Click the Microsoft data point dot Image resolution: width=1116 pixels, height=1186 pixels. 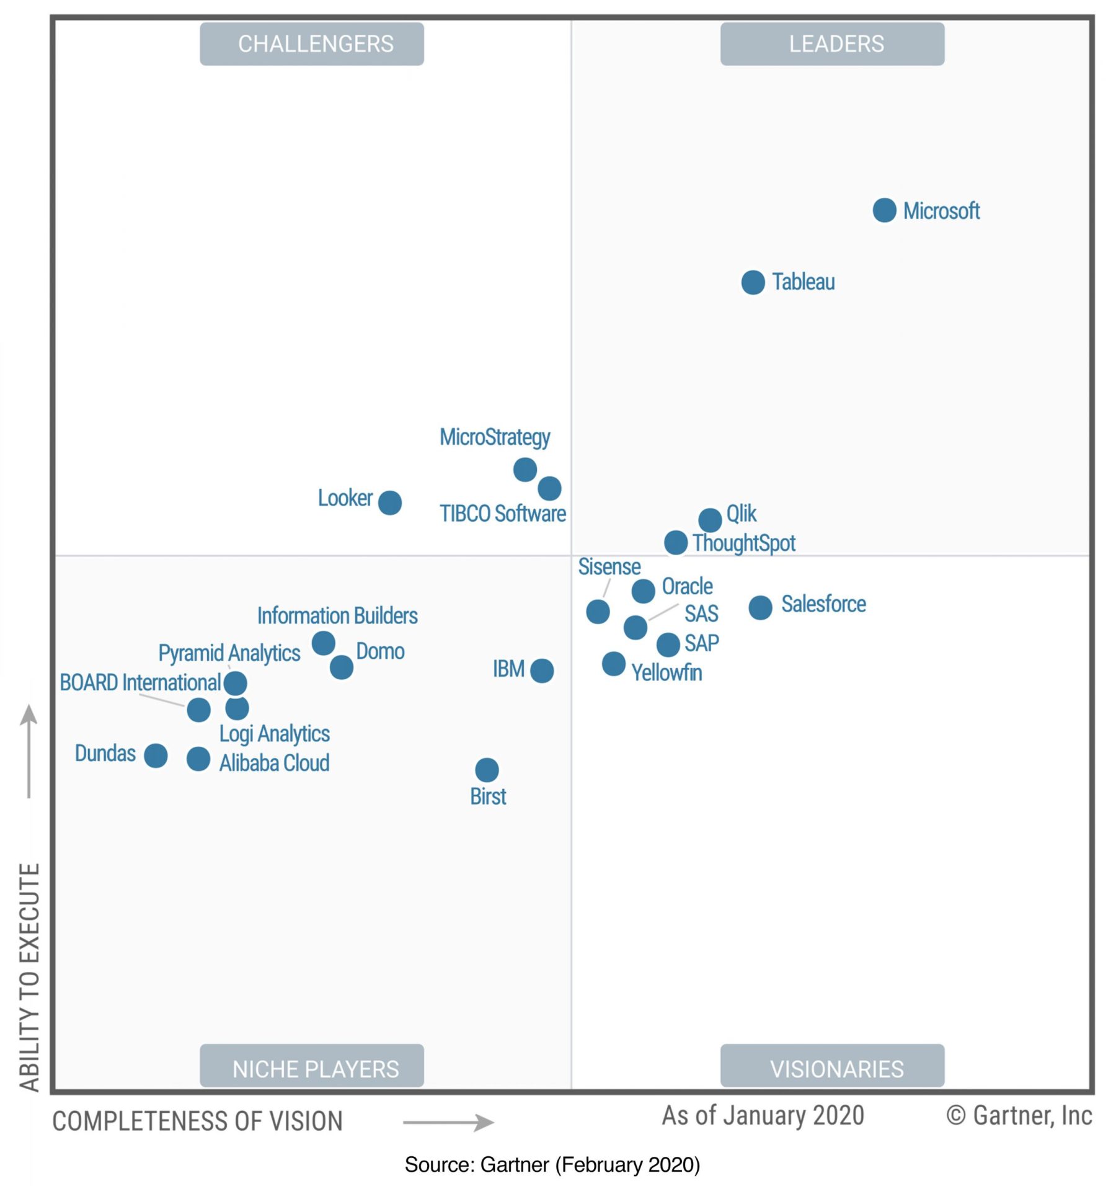[884, 210]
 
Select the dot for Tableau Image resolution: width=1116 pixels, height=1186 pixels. [753, 282]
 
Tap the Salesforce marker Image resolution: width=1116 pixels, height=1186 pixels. [760, 607]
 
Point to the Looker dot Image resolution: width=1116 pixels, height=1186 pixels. [389, 502]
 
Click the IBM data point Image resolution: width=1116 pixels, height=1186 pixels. [542, 671]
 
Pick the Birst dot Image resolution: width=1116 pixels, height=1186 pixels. [487, 770]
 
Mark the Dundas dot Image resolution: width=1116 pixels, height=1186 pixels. [156, 756]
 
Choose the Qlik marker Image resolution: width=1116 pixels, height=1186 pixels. [710, 520]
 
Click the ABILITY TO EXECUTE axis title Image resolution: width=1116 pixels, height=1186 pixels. [30, 977]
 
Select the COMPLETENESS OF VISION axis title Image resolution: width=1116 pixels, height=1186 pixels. [197, 1121]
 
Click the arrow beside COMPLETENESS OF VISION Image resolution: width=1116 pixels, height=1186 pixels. [448, 1122]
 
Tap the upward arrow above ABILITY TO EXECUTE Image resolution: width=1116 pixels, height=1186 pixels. [29, 751]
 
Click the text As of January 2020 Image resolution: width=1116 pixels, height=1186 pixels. [763, 1115]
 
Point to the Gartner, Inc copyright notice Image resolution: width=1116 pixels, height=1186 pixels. [1019, 1115]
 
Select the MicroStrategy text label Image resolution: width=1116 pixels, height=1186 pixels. [495, 437]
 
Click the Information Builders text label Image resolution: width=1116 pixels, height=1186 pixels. [337, 616]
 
